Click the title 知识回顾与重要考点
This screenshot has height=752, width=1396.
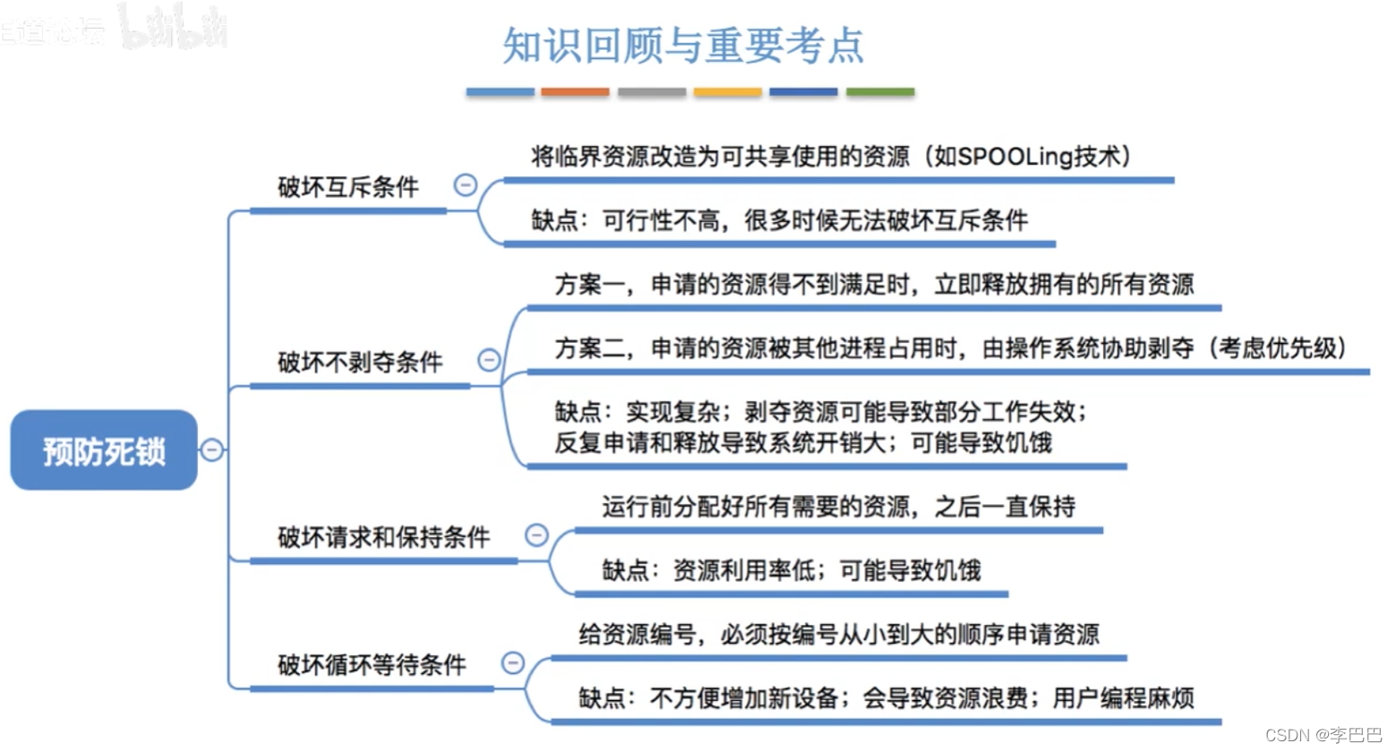pyautogui.click(x=682, y=46)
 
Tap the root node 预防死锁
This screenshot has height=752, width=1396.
pyautogui.click(x=104, y=450)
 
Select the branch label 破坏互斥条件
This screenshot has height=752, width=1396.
pyautogui.click(x=347, y=187)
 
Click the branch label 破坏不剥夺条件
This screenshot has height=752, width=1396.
pyautogui.click(x=360, y=363)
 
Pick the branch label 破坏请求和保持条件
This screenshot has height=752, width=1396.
pyautogui.click(x=383, y=537)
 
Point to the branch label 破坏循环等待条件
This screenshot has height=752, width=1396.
pyautogui.click(x=372, y=664)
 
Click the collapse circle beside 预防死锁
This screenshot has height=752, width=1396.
pyautogui.click(x=211, y=449)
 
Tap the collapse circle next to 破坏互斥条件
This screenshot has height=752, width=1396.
pyautogui.click(x=466, y=185)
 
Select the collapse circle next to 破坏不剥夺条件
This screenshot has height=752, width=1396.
pyautogui.click(x=489, y=360)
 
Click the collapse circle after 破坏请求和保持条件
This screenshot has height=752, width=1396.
pyautogui.click(x=536, y=535)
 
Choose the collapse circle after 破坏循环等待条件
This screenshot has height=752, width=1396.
pyautogui.click(x=512, y=662)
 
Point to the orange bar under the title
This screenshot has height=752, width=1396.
pyautogui.click(x=575, y=92)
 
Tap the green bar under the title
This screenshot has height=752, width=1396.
pyautogui.click(x=880, y=92)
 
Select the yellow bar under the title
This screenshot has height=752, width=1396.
pyautogui.click(x=727, y=92)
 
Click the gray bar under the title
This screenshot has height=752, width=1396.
pyautogui.click(x=651, y=92)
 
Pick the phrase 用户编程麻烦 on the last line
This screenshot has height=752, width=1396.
pyautogui.click(x=1123, y=698)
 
